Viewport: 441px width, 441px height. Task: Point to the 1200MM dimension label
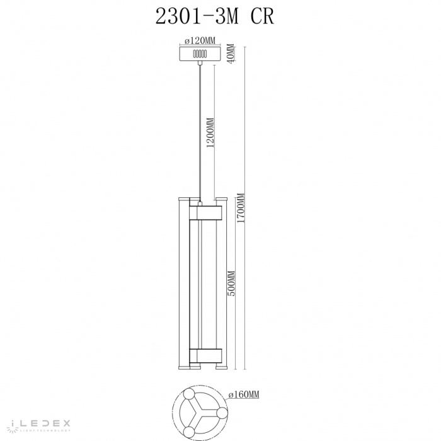coord(210,132)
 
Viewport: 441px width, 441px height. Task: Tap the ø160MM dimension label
coord(244,395)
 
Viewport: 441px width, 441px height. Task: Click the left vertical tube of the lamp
coord(179,283)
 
